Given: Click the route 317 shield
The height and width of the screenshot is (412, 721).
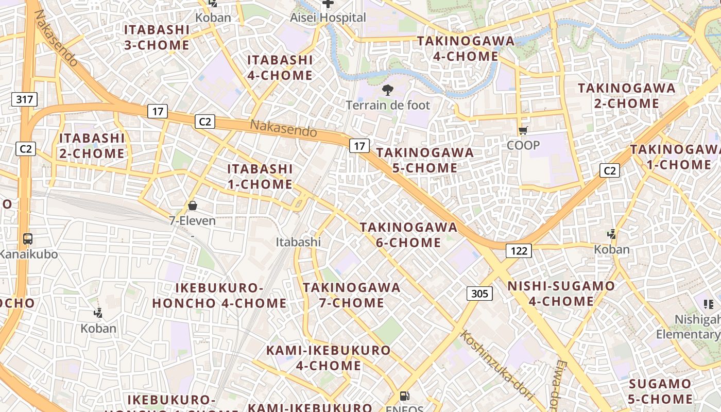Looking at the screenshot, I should click(25, 99).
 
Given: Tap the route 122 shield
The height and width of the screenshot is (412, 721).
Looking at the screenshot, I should click(519, 251).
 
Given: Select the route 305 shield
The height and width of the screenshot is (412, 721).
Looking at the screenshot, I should click(479, 294).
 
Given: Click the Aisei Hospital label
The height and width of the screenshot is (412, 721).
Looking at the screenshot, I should click(328, 18).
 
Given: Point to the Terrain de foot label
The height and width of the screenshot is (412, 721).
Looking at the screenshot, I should click(387, 105).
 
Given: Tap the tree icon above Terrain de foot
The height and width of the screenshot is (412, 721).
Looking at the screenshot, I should click(387, 91).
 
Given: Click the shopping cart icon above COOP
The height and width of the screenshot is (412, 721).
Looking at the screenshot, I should click(523, 131).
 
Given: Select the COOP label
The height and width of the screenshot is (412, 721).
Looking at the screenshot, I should click(523, 145).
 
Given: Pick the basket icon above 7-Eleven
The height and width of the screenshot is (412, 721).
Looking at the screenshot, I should click(193, 205).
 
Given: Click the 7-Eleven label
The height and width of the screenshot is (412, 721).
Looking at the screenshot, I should click(193, 220).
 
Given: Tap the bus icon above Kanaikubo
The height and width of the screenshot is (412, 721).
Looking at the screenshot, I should click(28, 239).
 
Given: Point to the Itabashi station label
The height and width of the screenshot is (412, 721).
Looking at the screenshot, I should click(298, 242).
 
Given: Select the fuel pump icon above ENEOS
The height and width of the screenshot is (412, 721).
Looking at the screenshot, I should click(405, 396).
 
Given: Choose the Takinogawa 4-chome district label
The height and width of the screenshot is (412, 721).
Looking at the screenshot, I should click(466, 48).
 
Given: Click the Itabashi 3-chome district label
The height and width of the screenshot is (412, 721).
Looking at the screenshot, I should click(157, 37).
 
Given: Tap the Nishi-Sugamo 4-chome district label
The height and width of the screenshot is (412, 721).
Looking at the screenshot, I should click(561, 294).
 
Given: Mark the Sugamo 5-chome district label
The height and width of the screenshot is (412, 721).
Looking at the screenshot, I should click(660, 391).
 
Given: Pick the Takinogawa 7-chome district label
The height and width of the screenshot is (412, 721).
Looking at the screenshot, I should click(351, 295).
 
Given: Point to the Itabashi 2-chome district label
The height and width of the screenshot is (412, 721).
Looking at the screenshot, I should click(92, 146).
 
